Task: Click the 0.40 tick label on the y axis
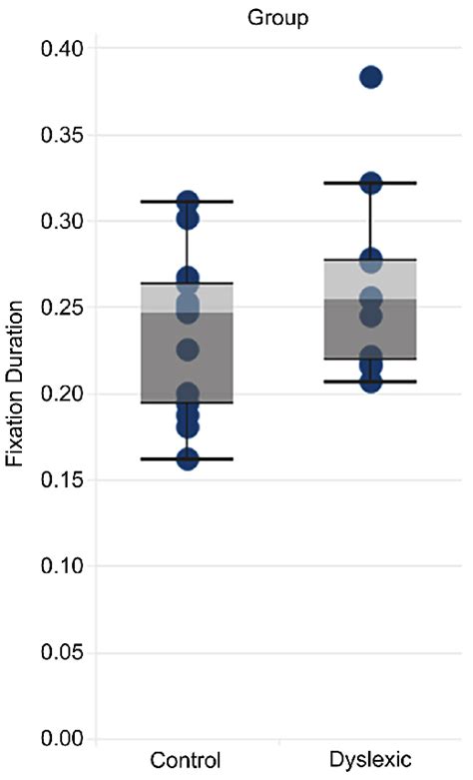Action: pos(64,48)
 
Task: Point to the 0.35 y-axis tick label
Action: pos(64,135)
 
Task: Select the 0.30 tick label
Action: pos(64,221)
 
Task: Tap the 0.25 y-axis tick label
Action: pos(64,308)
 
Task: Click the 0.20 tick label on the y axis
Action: pos(64,393)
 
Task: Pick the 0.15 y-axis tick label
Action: pos(64,480)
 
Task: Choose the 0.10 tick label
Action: pos(64,566)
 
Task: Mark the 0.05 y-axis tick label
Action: pos(64,652)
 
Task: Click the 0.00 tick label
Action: pos(64,739)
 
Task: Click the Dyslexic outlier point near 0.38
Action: pos(371,78)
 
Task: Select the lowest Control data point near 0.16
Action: pos(187,458)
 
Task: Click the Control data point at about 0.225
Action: pos(187,350)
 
